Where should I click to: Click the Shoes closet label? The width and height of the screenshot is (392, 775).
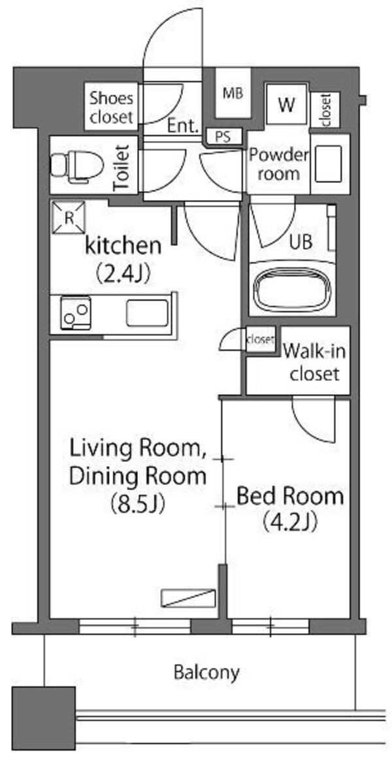pos(111,107)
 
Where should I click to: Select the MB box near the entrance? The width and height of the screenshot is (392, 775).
pos(232,93)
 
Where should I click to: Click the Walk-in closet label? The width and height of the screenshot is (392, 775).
pos(314,362)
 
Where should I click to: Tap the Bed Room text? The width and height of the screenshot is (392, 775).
pos(289,496)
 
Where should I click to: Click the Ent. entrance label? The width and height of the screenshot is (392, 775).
pos(183,125)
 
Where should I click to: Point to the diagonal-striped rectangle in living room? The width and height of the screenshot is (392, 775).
pos(188,597)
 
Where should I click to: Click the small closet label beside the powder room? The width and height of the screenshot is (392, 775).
pos(325,110)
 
